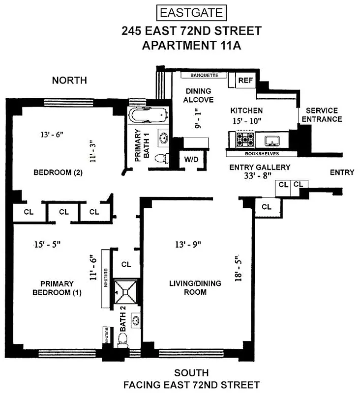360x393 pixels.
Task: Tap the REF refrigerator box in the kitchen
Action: [244, 80]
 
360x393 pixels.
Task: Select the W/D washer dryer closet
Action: [190, 159]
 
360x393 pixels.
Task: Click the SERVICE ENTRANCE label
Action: [322, 115]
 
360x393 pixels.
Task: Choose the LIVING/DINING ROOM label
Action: [195, 287]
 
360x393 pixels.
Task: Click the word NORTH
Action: [69, 81]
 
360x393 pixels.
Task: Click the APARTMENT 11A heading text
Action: [191, 46]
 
